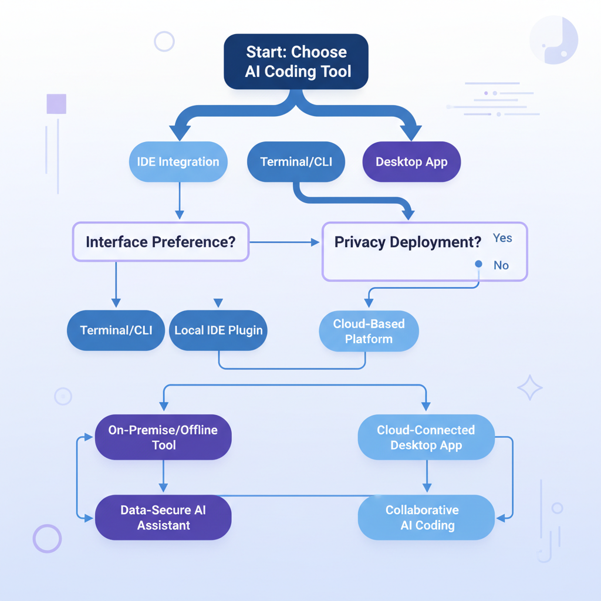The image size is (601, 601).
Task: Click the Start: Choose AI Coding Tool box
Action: [x=296, y=62]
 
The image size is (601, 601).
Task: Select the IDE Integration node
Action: [x=178, y=162]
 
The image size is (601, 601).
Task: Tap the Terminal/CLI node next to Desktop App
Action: [x=296, y=162]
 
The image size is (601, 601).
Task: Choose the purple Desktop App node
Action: [x=411, y=162]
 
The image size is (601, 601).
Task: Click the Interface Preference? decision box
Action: [x=161, y=241]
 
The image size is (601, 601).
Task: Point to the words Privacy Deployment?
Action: [x=407, y=242]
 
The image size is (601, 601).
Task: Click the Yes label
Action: [x=502, y=238]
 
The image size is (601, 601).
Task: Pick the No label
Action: [x=501, y=265]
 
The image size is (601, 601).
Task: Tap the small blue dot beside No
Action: [x=478, y=264]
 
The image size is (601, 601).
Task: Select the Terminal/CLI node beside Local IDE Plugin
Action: [x=116, y=330]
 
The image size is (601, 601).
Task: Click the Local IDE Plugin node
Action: [x=218, y=330]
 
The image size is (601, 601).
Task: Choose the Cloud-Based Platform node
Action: [x=369, y=332]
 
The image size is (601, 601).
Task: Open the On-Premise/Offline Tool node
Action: [x=163, y=437]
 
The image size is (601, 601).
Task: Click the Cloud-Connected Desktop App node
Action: [x=426, y=437]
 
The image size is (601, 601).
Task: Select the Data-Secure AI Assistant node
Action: [x=163, y=517]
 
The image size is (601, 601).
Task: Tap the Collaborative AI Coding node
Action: [x=426, y=517]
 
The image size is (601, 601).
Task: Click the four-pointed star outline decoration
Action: [x=530, y=388]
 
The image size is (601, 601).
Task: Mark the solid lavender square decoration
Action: [x=56, y=104]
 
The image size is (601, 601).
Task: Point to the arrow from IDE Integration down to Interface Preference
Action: [x=180, y=202]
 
